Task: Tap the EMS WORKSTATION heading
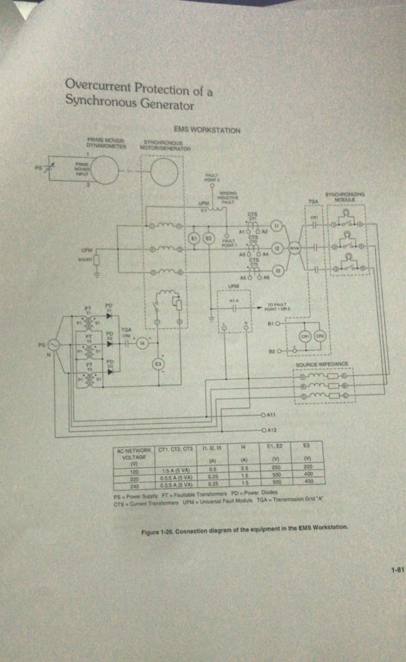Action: [x=207, y=130]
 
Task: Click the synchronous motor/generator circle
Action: [x=164, y=172]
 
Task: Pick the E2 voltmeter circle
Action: [x=209, y=239]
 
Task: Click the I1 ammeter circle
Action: [x=277, y=226]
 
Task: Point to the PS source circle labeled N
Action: [x=52, y=345]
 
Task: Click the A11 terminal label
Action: [x=270, y=413]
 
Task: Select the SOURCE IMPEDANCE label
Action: [x=322, y=364]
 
